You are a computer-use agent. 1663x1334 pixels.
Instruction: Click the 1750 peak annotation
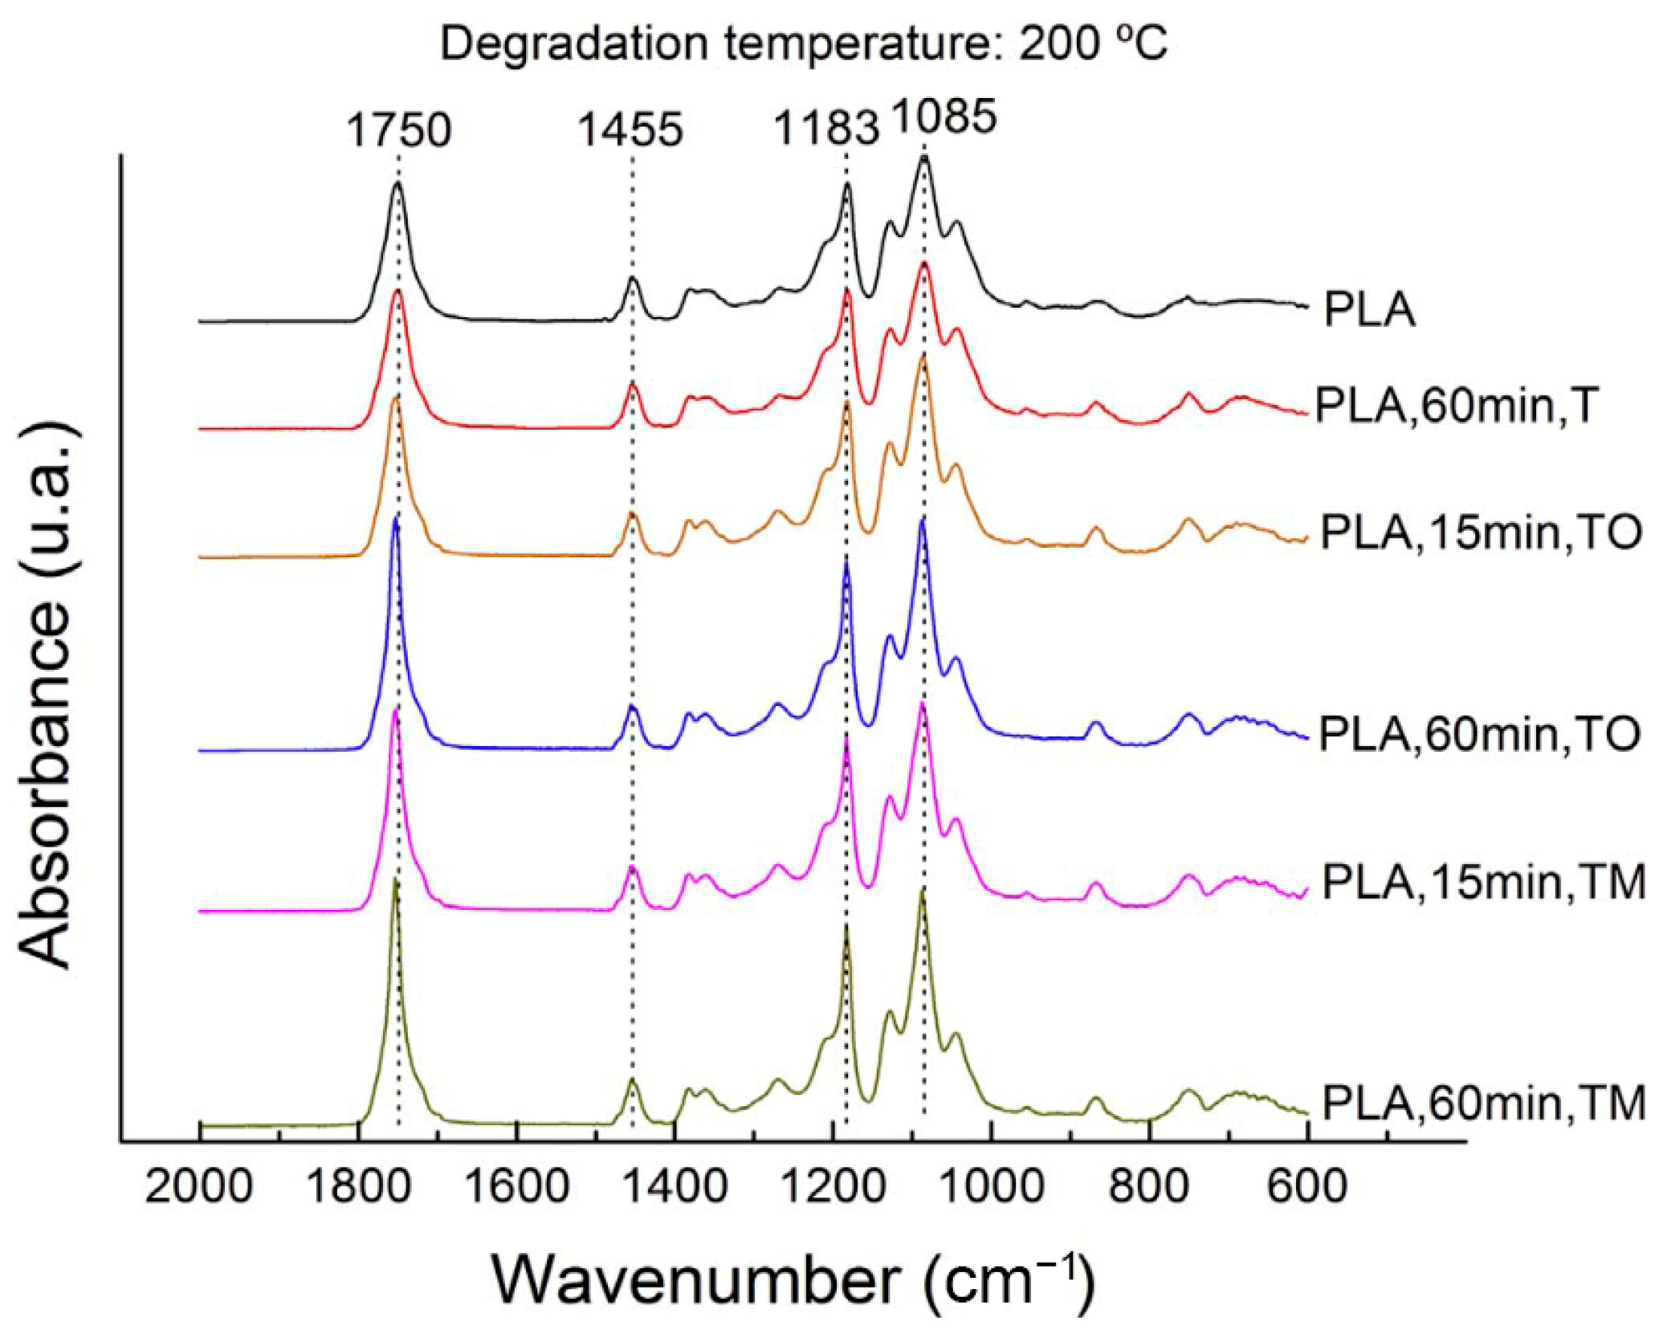pyautogui.click(x=398, y=130)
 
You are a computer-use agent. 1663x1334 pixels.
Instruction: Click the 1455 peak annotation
pyautogui.click(x=630, y=130)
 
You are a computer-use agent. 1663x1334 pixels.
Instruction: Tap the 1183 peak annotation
pyautogui.click(x=825, y=129)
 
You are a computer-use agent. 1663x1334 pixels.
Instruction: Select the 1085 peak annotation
pyautogui.click(x=944, y=117)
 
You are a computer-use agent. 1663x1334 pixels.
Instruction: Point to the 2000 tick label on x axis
pyautogui.click(x=199, y=1187)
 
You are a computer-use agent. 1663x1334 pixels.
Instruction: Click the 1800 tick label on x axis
pyautogui.click(x=358, y=1187)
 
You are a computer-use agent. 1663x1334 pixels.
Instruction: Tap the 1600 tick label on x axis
pyautogui.click(x=517, y=1187)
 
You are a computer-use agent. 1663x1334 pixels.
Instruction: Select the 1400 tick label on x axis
pyautogui.click(x=675, y=1187)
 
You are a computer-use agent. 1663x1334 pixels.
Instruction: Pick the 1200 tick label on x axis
pyautogui.click(x=834, y=1187)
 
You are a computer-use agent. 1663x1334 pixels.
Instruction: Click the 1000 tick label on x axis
pyautogui.click(x=993, y=1187)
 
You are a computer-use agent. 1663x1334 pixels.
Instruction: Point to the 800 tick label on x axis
pyautogui.click(x=1150, y=1187)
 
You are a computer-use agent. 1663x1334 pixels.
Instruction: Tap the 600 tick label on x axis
pyautogui.click(x=1307, y=1187)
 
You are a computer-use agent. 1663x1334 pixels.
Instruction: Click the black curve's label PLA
pyautogui.click(x=1369, y=310)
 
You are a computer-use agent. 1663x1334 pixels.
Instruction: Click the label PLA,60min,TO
pyautogui.click(x=1479, y=734)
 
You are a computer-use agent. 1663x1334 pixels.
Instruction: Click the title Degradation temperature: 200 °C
pyautogui.click(x=803, y=43)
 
